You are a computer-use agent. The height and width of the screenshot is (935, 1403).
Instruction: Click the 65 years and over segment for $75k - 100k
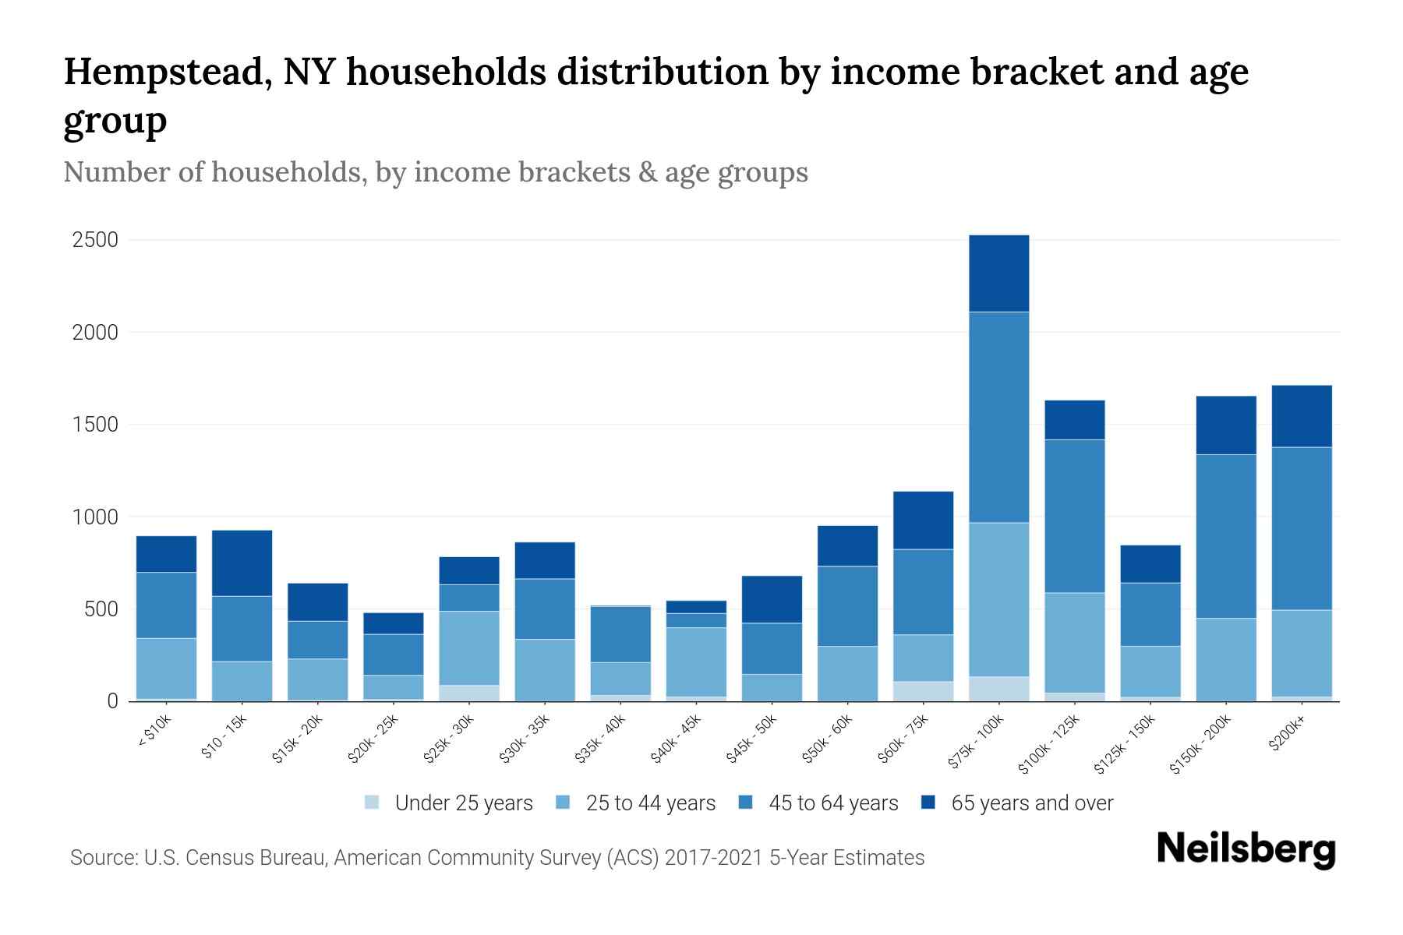pos(998,273)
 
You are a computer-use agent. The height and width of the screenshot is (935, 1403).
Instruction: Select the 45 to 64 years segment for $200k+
pos(1302,528)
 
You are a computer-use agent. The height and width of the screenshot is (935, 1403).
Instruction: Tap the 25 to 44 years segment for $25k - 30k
pos(469,648)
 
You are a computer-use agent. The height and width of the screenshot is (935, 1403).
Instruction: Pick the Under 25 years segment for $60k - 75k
pos(923,691)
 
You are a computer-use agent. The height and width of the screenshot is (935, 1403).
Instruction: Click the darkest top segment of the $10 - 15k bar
pos(242,563)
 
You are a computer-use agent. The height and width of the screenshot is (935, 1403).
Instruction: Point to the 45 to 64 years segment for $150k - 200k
pos(1226,536)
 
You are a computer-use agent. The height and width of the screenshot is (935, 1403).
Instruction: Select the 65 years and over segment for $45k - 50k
pos(772,599)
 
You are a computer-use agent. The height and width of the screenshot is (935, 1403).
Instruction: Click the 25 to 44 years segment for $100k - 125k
pos(1074,643)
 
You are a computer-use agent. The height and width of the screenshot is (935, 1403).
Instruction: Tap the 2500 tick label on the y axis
pos(95,240)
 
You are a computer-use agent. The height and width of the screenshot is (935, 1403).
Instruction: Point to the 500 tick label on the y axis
pos(101,609)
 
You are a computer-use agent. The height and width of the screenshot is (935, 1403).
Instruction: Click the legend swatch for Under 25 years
pos(373,803)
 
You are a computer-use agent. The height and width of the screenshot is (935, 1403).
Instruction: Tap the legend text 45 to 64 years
pos(833,803)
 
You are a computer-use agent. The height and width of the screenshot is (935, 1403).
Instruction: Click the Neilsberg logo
pos(1246,849)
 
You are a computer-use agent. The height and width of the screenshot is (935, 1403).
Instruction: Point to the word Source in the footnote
pos(101,858)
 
